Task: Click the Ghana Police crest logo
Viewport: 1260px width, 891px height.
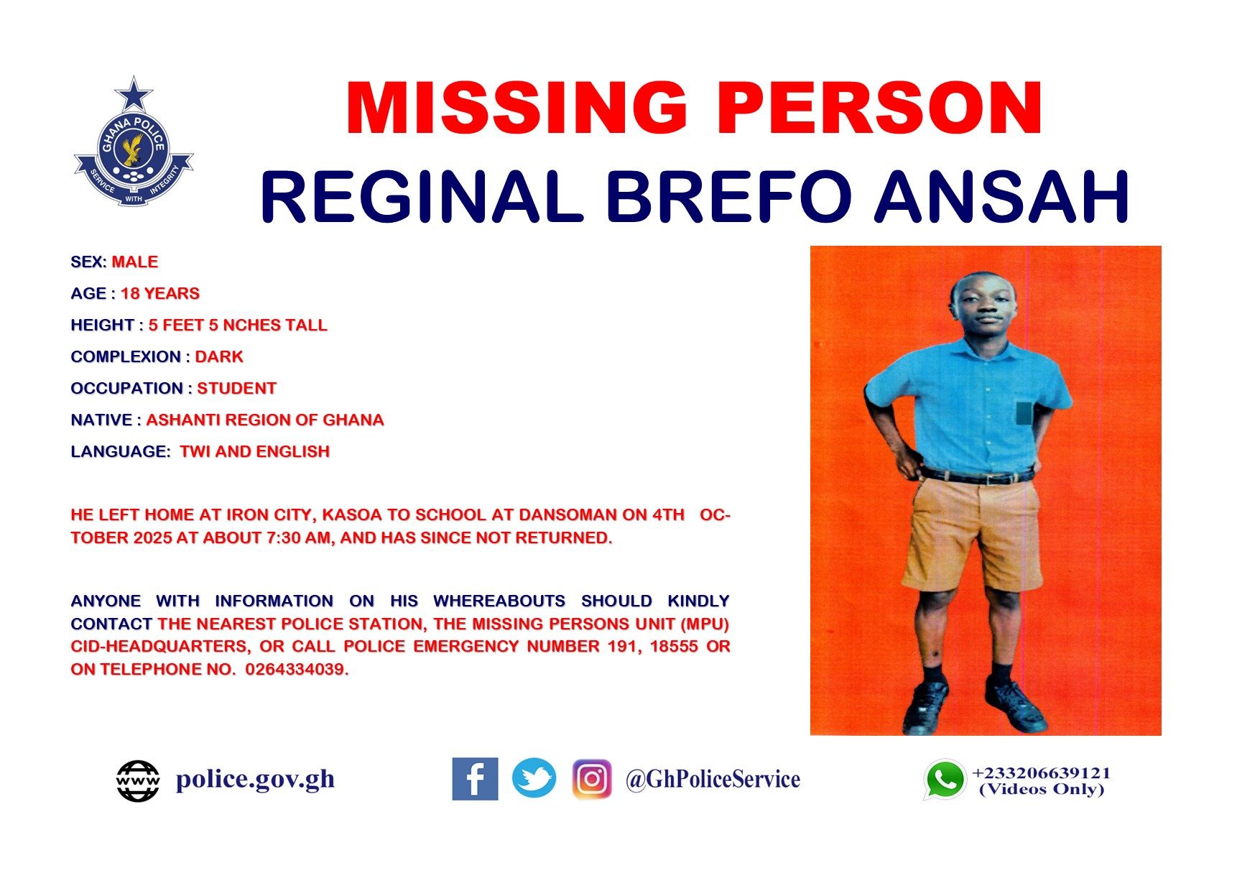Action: pyautogui.click(x=134, y=142)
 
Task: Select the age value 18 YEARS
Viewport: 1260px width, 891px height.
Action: pyautogui.click(x=160, y=293)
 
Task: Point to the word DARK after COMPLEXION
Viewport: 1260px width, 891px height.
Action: pyautogui.click(x=219, y=356)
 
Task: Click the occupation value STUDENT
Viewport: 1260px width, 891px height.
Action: pyautogui.click(x=237, y=388)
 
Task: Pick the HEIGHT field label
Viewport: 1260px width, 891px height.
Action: pyautogui.click(x=103, y=325)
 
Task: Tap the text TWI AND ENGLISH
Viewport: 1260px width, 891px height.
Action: pyautogui.click(x=255, y=451)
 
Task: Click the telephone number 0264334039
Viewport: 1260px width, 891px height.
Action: pyautogui.click(x=297, y=670)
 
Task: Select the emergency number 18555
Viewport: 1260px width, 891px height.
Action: pyautogui.click(x=674, y=646)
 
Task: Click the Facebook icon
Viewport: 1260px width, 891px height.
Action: pyautogui.click(x=475, y=779)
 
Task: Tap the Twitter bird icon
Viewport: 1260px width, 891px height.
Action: pyautogui.click(x=534, y=778)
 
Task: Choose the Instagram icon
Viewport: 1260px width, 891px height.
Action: pyautogui.click(x=592, y=779)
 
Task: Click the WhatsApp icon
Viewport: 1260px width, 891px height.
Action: pyautogui.click(x=944, y=780)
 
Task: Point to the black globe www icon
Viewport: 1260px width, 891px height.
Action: pyautogui.click(x=138, y=781)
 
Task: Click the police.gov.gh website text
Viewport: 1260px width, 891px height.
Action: pyautogui.click(x=256, y=780)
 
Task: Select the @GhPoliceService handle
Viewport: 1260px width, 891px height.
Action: pyautogui.click(x=713, y=779)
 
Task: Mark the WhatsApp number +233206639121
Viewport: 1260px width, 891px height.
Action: pyautogui.click(x=1041, y=773)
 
